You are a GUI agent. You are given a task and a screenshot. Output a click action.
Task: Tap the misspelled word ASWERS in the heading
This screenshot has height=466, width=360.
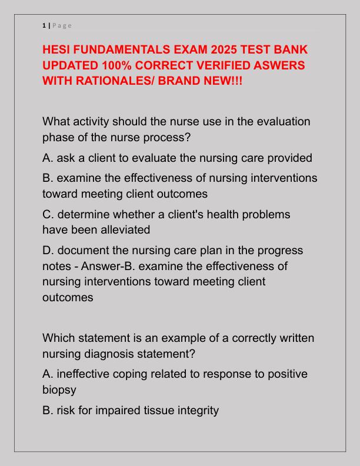276,64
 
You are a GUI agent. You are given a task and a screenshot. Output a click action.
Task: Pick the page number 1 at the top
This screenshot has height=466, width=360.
44,25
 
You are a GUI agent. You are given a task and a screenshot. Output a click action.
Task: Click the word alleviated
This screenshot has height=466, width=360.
122,229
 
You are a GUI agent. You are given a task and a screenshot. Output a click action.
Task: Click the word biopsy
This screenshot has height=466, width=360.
59,390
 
